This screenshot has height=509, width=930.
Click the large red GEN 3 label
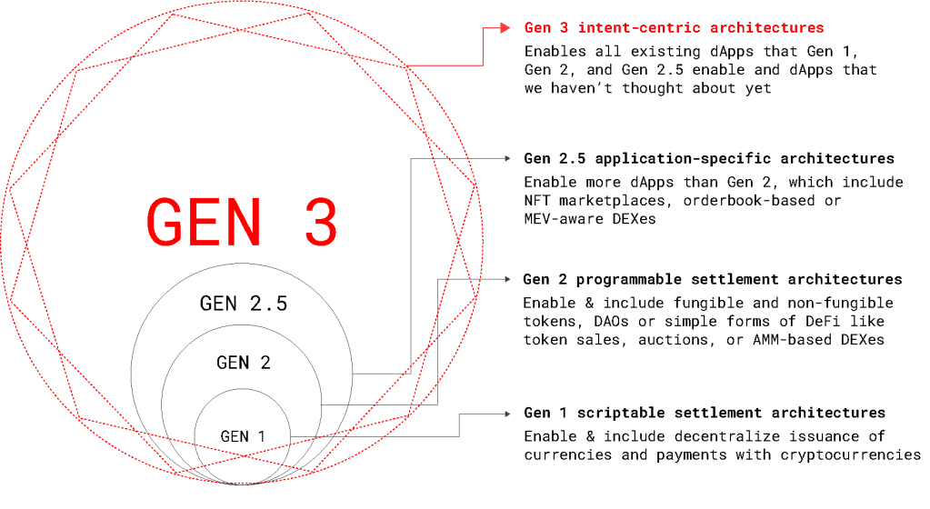(242, 222)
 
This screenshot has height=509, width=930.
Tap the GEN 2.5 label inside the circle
(243, 304)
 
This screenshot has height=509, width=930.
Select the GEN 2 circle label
(243, 363)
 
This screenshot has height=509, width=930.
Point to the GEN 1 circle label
(243, 436)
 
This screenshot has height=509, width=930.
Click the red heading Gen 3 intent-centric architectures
(674, 28)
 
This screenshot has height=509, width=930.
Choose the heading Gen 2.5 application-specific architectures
(709, 158)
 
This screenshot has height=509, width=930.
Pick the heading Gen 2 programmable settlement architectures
(713, 279)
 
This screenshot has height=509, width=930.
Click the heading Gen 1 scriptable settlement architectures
(704, 413)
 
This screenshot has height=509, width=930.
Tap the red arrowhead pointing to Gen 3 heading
(505, 28)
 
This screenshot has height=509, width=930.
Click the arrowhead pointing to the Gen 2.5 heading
(507, 158)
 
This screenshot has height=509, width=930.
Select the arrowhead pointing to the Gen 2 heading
(507, 279)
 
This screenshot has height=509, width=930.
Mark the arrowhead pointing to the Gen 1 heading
(507, 414)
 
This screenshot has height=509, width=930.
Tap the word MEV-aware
(564, 219)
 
